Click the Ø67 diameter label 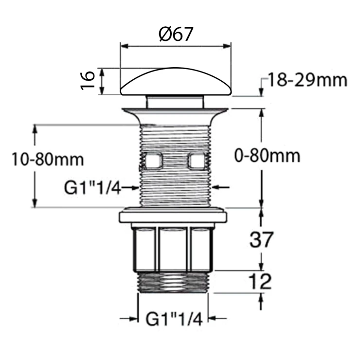point(176,34)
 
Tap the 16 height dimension point(88,80)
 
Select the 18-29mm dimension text point(307,80)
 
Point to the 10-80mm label point(48,160)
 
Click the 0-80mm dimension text point(267,156)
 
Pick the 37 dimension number point(261,240)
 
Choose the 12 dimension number point(260,282)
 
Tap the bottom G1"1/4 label point(174,318)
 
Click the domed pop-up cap point(176,81)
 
